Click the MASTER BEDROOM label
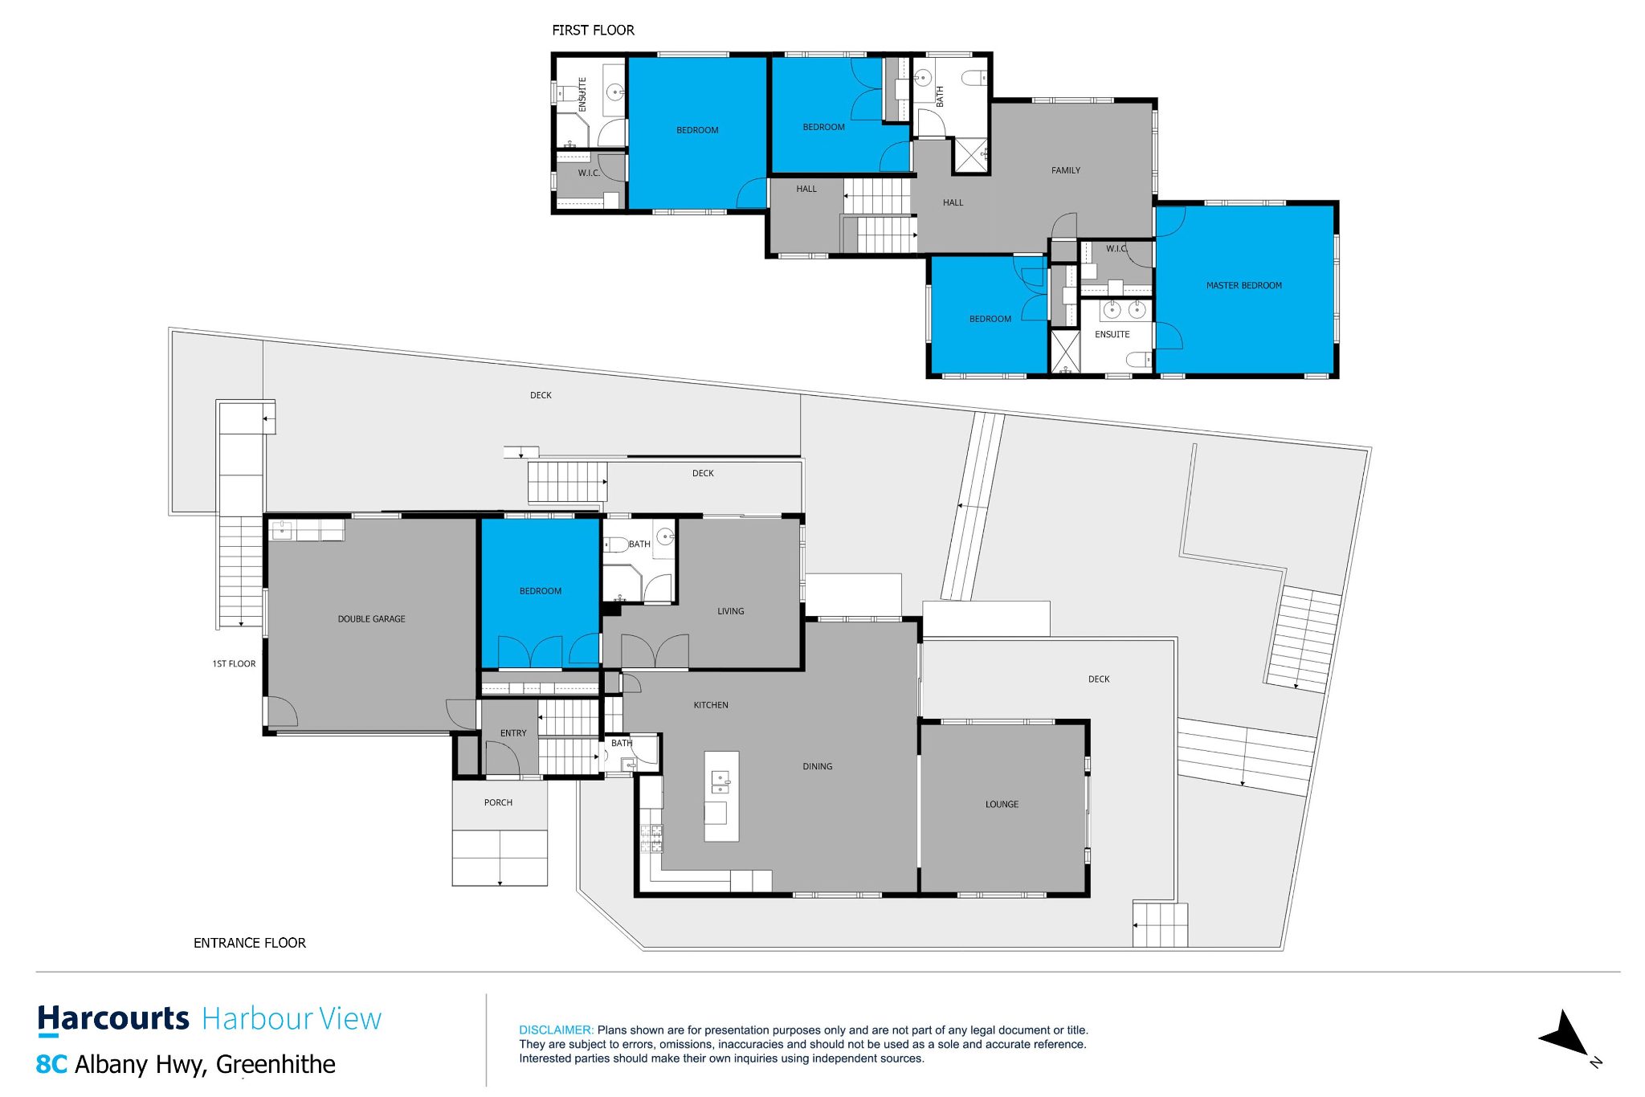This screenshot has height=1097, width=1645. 1243,285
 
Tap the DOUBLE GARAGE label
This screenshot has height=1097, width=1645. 371,619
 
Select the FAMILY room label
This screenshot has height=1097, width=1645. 1065,170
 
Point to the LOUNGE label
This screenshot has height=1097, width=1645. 1002,804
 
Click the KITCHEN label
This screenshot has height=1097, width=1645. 711,705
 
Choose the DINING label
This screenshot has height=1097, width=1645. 817,766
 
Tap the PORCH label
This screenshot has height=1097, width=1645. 498,802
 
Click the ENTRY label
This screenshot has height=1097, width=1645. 513,733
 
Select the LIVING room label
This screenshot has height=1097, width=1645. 730,611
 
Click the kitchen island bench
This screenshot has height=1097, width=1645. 721,796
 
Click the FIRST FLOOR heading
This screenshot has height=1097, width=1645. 593,31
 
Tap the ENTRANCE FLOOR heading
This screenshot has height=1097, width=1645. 250,943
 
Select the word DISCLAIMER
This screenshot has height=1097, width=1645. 556,1030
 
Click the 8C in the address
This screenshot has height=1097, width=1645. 51,1064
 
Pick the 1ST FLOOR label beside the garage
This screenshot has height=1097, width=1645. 234,664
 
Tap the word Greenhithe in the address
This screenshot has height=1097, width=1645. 276,1064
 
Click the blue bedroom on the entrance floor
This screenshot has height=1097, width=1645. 540,593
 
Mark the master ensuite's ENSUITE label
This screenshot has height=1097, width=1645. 1112,334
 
